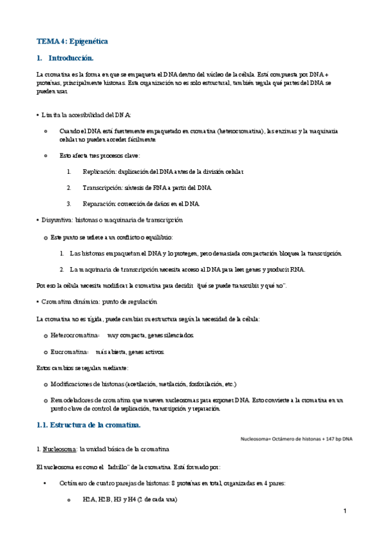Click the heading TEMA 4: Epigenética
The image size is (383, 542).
(x=72, y=42)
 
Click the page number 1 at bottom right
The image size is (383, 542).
(x=344, y=511)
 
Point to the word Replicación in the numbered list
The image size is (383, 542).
(x=98, y=172)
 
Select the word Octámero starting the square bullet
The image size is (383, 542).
(x=75, y=483)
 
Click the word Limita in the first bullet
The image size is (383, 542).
(x=50, y=115)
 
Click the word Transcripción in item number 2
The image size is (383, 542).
(x=100, y=188)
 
